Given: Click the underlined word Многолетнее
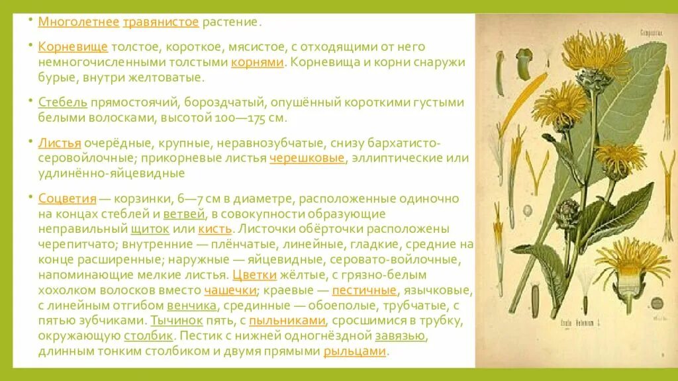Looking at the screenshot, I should coord(78,21).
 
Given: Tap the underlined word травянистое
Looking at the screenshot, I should coord(161,21).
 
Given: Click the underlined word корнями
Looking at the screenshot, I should coord(258,62).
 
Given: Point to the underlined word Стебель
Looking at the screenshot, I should coord(63,103).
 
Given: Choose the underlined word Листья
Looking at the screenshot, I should coord(60,143).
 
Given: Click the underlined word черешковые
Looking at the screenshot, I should coord(308,159).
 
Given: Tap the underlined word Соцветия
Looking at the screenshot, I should coord(68,198).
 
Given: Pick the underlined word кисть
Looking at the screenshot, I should coord(215,229).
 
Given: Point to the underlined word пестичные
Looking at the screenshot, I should coord(364,290).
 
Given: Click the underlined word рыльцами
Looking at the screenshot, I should coord(354,351).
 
